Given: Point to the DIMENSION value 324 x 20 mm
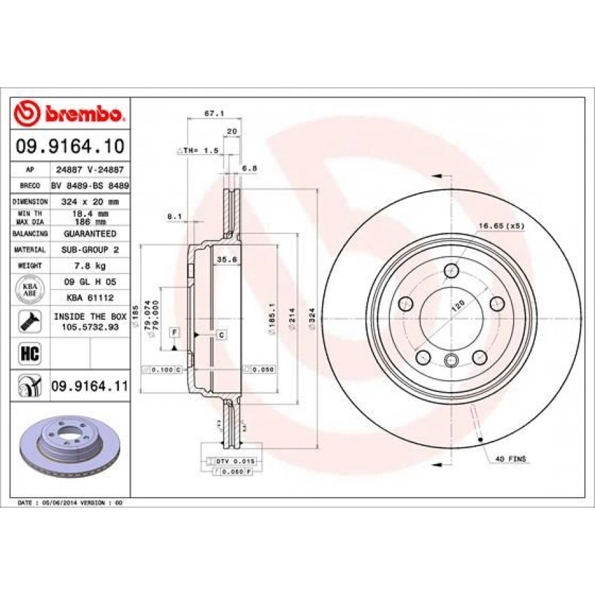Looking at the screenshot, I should [x=89, y=201].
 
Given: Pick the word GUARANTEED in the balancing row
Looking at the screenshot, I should [x=89, y=234].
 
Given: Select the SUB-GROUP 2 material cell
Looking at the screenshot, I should [x=89, y=250].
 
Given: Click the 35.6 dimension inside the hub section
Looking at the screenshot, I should [x=227, y=260].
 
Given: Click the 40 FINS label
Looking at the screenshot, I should [x=510, y=457].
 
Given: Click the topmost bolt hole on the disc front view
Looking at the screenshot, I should [x=452, y=270].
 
